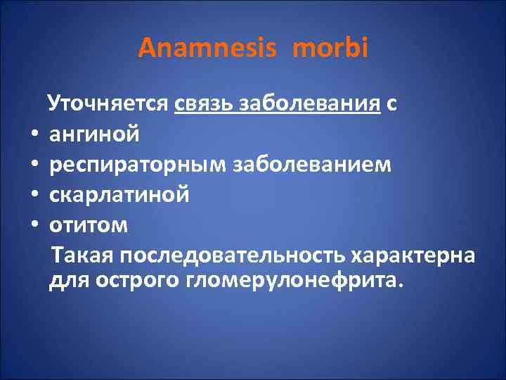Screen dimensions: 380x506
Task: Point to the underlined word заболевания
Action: coord(311,105)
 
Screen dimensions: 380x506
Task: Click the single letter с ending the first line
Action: coord(391,105)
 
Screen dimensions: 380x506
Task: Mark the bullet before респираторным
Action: coord(33,163)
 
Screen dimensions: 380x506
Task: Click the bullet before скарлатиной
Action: coord(33,194)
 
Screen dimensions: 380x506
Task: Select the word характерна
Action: coord(415,253)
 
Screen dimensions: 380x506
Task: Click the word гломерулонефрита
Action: coord(292,281)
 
